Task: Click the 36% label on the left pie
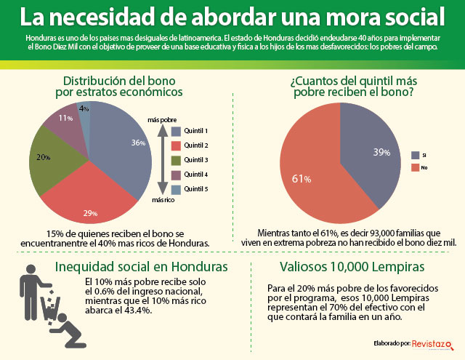pyautogui.click(x=139, y=143)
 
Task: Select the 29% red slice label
pyautogui.click(x=90, y=213)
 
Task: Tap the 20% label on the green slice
pyautogui.click(x=44, y=157)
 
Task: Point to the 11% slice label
pyautogui.click(x=65, y=118)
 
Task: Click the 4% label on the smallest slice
pyautogui.click(x=84, y=108)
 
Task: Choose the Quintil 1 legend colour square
pyautogui.click(x=176, y=131)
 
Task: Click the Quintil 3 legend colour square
pyautogui.click(x=176, y=160)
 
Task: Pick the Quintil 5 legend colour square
pyautogui.click(x=176, y=190)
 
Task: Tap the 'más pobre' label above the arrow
pyautogui.click(x=162, y=120)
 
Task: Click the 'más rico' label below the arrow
pyautogui.click(x=163, y=200)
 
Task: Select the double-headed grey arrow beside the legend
pyautogui.click(x=163, y=160)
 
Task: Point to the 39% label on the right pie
pyautogui.click(x=381, y=152)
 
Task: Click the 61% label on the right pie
pyautogui.click(x=302, y=179)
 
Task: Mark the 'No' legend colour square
pyautogui.click(x=415, y=167)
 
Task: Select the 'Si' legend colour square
pyautogui.click(x=415, y=155)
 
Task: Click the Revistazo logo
pyautogui.click(x=433, y=345)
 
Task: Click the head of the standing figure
pyautogui.click(x=31, y=269)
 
